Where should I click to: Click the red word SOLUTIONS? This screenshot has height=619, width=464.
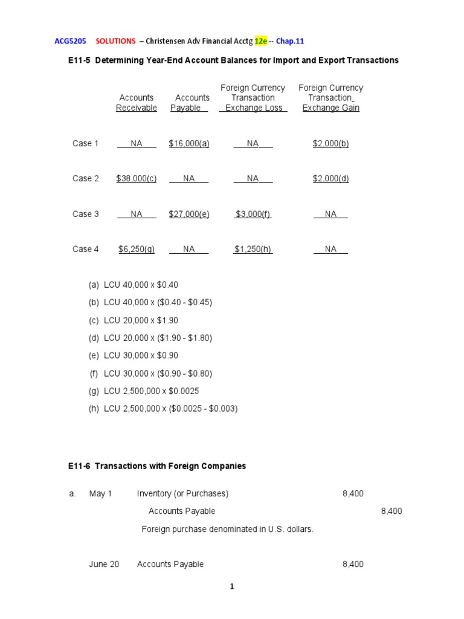pyautogui.click(x=115, y=41)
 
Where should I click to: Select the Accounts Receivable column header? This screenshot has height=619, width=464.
pyautogui.click(x=137, y=103)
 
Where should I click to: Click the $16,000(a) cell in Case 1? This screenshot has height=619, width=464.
pyautogui.click(x=189, y=143)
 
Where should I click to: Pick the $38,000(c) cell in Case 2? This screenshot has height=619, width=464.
pyautogui.click(x=137, y=178)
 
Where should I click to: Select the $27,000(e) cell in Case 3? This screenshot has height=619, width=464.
pyautogui.click(x=189, y=214)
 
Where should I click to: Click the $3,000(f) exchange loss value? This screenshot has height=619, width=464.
pyautogui.click(x=253, y=214)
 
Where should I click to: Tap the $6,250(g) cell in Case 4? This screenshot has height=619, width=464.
pyautogui.click(x=137, y=249)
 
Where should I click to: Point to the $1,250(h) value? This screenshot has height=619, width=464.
pyautogui.click(x=253, y=249)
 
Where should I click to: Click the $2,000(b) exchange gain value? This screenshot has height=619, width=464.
pyautogui.click(x=330, y=143)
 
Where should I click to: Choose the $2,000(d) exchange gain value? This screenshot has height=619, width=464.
pyautogui.click(x=330, y=178)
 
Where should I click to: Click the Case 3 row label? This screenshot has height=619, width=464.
pyautogui.click(x=86, y=214)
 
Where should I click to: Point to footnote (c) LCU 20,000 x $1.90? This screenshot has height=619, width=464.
pyautogui.click(x=141, y=320)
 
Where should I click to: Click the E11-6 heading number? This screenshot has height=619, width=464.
pyautogui.click(x=80, y=466)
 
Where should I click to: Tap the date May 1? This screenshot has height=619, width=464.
pyautogui.click(x=100, y=494)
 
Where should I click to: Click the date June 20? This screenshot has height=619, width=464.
pyautogui.click(x=104, y=564)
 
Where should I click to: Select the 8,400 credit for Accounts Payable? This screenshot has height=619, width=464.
pyautogui.click(x=391, y=511)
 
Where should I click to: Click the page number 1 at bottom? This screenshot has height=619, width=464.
pyautogui.click(x=232, y=586)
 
